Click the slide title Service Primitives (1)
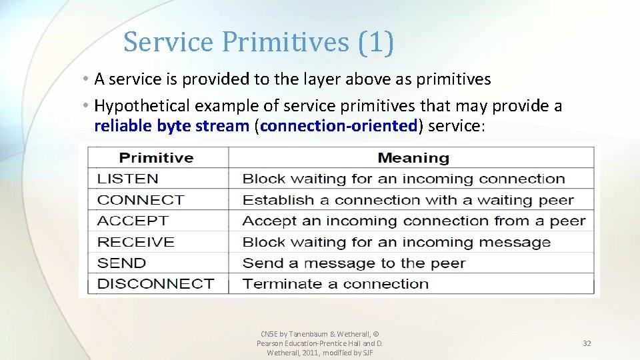point(259,42)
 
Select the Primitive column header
point(156,158)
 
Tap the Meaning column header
point(413,158)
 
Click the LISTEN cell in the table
point(128,179)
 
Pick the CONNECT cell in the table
point(141,200)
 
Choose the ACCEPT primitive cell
point(133,221)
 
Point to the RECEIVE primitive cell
point(136,242)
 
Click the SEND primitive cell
point(121,263)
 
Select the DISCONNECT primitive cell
point(155,283)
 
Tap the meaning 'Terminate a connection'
point(335,283)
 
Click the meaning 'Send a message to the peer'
point(353,263)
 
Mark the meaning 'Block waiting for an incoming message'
point(396,242)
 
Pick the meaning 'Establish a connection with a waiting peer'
point(408,200)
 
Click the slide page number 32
point(587,343)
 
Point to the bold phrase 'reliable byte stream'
point(171,126)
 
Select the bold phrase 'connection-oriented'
point(339,126)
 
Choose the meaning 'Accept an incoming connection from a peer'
point(413,221)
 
